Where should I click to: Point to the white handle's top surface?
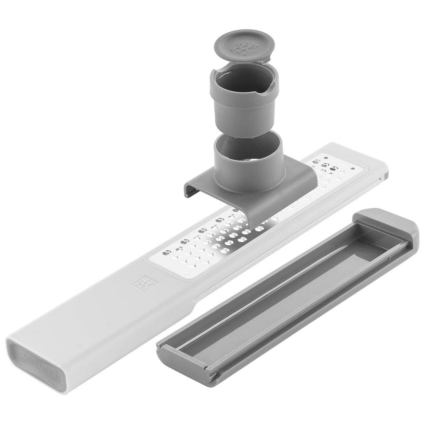point(98,314)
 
